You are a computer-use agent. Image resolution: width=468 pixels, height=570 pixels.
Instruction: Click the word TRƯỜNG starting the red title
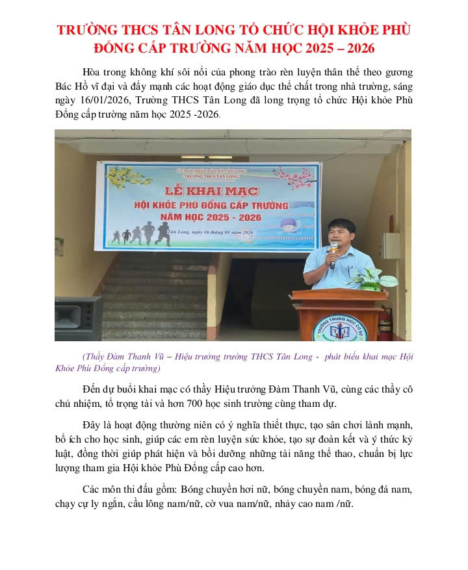tap(88, 31)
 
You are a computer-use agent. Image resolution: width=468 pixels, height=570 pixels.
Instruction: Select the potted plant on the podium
tap(373, 278)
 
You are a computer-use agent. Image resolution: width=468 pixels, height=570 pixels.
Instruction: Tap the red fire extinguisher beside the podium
tap(385, 323)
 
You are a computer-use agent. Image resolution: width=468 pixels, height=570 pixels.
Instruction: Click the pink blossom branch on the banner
tap(294, 177)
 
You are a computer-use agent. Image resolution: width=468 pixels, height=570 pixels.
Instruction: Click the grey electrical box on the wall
tap(390, 246)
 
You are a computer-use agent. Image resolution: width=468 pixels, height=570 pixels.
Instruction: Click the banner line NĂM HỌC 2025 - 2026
tap(212, 218)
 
